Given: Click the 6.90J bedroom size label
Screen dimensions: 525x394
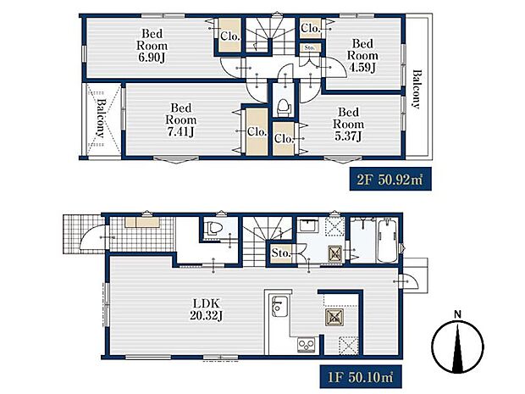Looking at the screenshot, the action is point(152,58).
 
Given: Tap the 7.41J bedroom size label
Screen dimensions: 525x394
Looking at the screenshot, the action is point(180,132).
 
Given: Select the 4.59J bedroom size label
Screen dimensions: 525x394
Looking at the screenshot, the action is point(362,67).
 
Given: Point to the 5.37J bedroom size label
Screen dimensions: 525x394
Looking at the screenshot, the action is point(348,136).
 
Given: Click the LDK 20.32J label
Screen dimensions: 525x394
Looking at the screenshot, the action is point(207,309).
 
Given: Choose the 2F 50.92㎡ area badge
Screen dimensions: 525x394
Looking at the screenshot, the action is point(390,180).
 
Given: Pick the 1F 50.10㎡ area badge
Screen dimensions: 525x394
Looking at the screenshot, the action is point(361,378).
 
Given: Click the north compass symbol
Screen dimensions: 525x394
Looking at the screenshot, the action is point(458,344).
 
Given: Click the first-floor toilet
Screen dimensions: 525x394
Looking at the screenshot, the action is point(214,228).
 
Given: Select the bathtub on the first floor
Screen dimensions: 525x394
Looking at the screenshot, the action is point(388,240).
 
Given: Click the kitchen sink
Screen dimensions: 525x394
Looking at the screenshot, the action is point(279,307).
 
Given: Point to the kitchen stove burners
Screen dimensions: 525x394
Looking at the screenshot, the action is point(307,345).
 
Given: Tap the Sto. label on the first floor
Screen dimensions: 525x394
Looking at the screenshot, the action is point(281,253).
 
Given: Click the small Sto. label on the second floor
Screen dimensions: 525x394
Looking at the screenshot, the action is point(310,48).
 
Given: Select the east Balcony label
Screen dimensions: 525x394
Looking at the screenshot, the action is point(416,89).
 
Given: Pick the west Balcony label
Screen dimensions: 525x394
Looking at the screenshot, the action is point(101,118).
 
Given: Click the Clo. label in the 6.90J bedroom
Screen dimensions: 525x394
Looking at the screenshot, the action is point(230,36).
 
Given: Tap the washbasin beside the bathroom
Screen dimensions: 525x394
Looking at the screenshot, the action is point(307,225).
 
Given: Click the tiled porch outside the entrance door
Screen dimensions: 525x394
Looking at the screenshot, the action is point(84,234).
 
